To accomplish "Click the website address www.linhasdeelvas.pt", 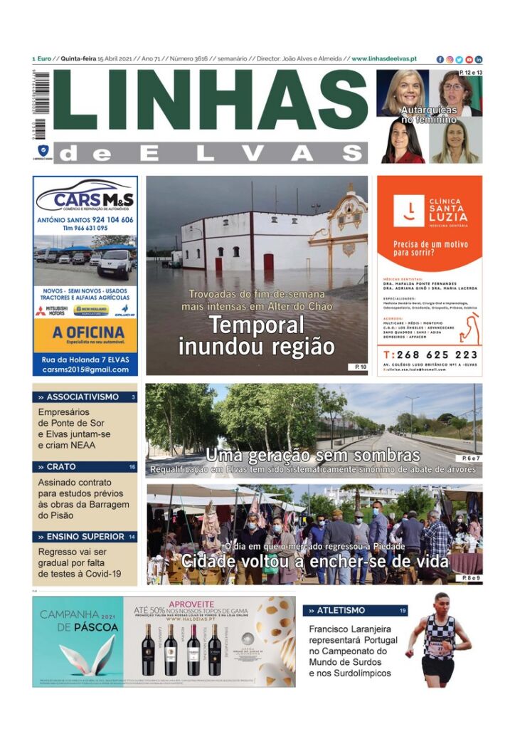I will click(384, 59).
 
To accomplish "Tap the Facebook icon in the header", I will click(440, 59).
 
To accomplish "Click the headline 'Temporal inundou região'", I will click(256, 336).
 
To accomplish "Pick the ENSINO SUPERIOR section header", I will click(81, 537).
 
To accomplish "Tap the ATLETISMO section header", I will click(341, 610).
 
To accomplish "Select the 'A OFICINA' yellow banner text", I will click(85, 333).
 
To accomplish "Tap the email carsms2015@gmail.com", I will click(85, 369).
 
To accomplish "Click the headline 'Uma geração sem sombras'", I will click(313, 456).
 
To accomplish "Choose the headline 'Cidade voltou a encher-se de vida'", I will click(314, 562).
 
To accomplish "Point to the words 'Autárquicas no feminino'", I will click(429, 115).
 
